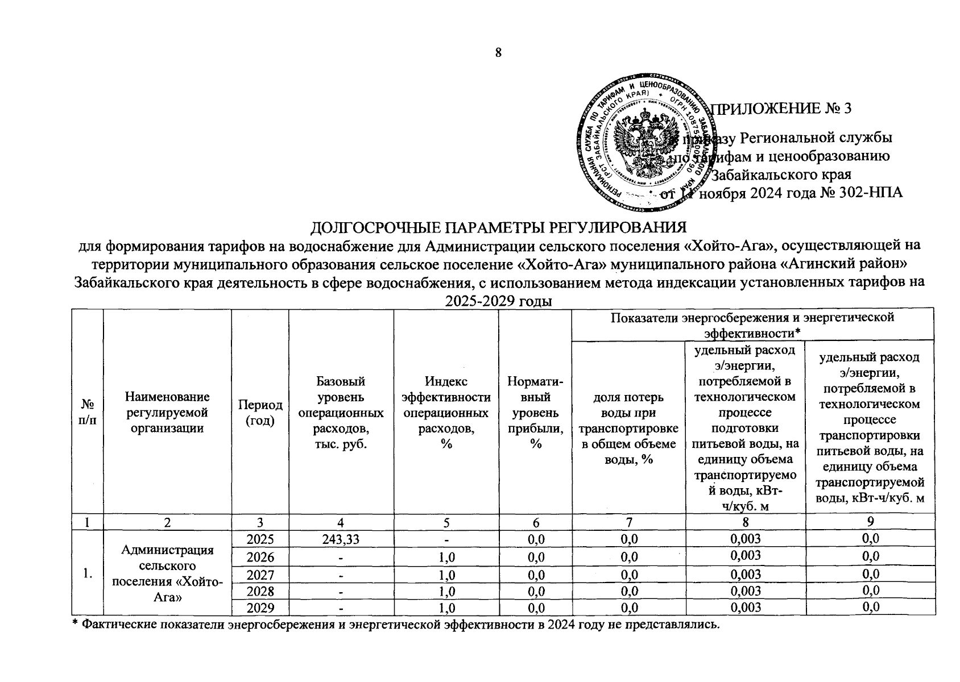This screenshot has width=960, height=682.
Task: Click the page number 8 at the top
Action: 498,53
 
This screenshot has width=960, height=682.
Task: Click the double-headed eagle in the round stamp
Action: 643,142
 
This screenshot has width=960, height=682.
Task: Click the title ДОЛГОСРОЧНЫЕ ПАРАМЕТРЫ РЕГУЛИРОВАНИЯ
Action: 498,227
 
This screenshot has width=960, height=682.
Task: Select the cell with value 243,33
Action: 341,538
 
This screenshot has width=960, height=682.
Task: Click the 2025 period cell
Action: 260,538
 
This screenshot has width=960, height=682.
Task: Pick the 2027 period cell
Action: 260,575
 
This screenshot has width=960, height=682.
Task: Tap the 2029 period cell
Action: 260,608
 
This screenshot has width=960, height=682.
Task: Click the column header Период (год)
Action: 260,412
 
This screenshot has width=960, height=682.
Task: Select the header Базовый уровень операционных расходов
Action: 341,412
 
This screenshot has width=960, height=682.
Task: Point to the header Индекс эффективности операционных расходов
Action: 446,412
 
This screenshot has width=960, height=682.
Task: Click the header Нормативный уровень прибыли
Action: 535,412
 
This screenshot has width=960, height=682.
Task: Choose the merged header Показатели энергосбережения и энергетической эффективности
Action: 752,324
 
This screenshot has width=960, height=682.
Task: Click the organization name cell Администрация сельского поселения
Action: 167,573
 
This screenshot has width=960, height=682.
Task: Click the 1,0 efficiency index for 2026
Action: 447,558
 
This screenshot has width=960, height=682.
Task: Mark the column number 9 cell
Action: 870,521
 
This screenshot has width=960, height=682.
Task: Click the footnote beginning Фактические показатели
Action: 398,625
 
